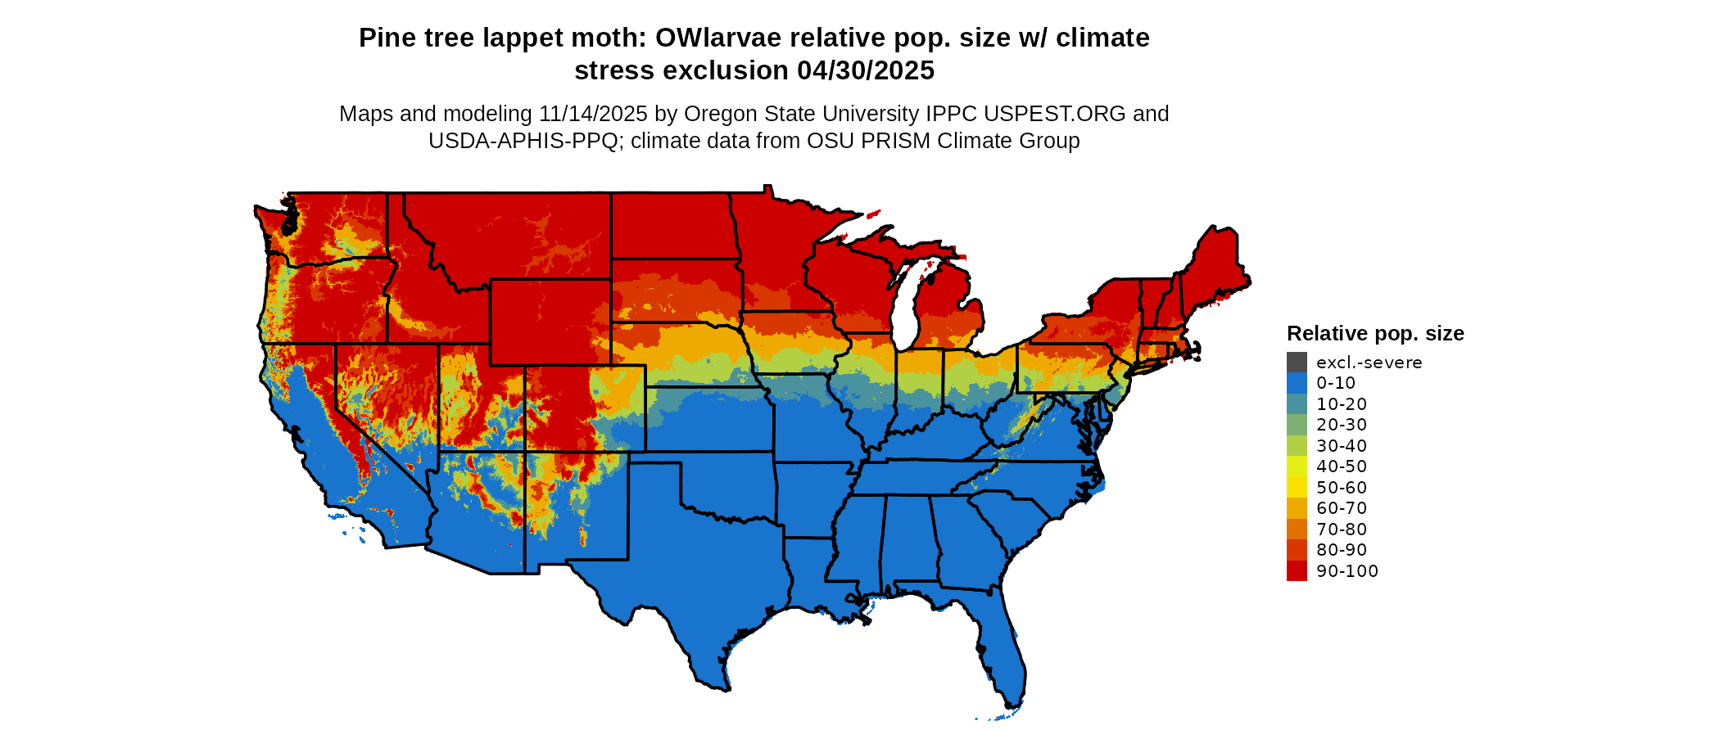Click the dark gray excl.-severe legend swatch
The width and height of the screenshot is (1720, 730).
click(x=1297, y=363)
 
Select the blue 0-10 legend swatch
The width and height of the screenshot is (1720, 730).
click(x=1297, y=383)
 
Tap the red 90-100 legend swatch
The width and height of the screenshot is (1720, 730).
click(x=1297, y=571)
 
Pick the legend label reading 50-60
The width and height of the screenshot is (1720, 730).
click(x=1342, y=488)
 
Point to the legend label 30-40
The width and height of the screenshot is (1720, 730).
click(x=1342, y=446)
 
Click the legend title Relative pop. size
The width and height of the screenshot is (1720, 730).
click(x=1375, y=334)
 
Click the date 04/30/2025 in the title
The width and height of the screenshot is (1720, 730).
click(x=866, y=71)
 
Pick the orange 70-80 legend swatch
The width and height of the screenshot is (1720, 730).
click(x=1297, y=529)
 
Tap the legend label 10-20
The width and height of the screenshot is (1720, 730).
click(x=1342, y=404)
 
